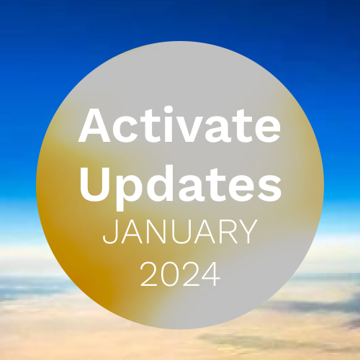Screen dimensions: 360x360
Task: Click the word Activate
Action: point(179,125)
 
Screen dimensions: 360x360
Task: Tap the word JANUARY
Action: point(180,232)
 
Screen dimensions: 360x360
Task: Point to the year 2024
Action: point(180,274)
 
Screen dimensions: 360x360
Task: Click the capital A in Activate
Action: point(94,125)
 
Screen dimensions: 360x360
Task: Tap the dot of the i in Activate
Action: point(169,110)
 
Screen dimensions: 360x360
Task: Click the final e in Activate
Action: point(267,130)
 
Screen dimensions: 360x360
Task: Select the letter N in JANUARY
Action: point(154,232)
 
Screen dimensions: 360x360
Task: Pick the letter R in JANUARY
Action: point(228,232)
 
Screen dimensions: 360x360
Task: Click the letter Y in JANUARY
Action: point(248,232)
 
